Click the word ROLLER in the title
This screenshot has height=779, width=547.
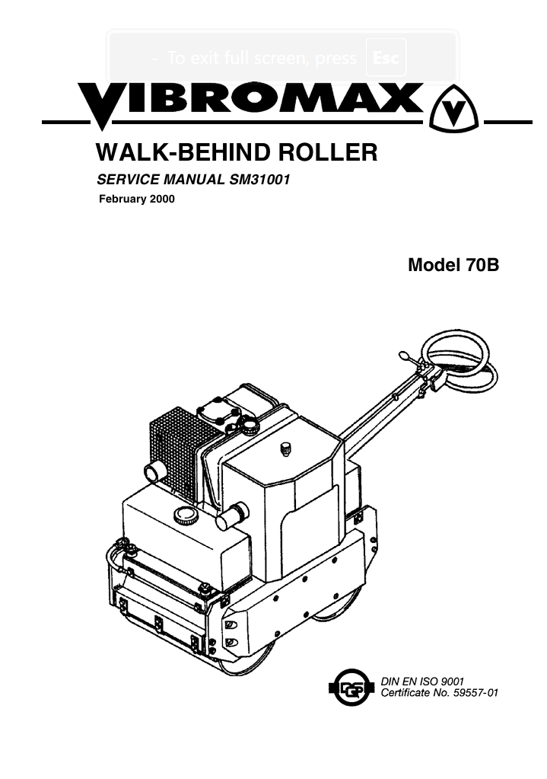click(328, 152)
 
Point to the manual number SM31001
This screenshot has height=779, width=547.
click(259, 180)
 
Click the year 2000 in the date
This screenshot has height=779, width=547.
click(162, 200)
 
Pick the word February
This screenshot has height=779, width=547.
click(122, 200)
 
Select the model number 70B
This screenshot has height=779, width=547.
click(482, 265)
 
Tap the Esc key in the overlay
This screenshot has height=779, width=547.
click(386, 58)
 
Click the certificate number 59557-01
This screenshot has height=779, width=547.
click(475, 692)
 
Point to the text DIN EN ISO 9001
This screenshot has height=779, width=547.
click(422, 681)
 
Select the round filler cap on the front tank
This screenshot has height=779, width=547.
click(186, 516)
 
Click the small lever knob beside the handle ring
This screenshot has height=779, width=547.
click(403, 356)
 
